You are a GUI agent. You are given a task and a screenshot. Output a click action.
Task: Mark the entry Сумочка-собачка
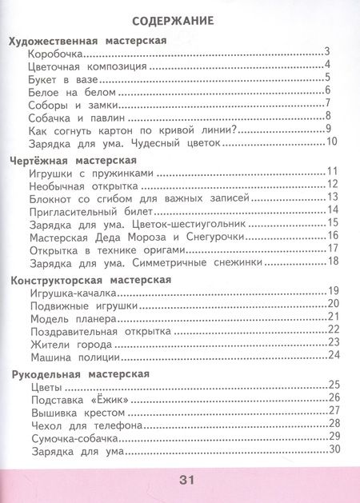pos(74,438)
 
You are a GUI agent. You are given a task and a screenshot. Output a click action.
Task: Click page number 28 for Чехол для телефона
pos(334,425)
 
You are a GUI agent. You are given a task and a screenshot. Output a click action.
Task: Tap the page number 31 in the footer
pos(186,480)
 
